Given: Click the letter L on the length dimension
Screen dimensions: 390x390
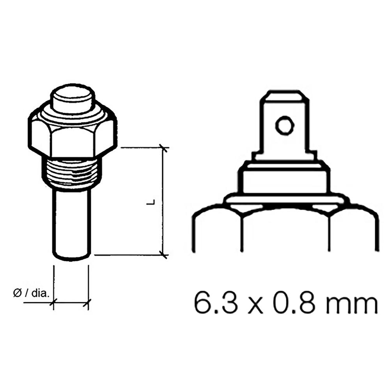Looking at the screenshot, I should (153, 202).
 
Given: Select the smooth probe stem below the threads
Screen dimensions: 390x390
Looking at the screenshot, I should (72, 222).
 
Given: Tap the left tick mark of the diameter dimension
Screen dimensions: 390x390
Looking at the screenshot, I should (53, 302).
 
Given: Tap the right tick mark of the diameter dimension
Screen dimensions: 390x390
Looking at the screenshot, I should (89, 302).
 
